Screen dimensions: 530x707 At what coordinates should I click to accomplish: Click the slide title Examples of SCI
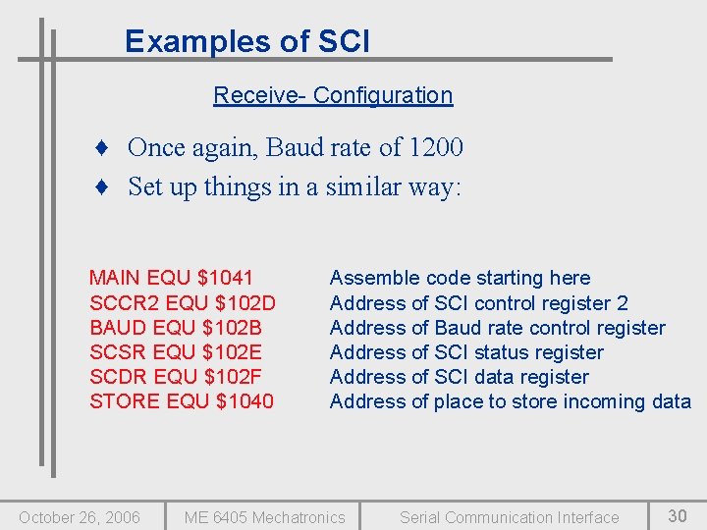(247, 41)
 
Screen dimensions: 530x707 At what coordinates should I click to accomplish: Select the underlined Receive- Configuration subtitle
(333, 95)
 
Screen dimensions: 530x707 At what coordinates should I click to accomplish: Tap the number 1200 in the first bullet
(436, 147)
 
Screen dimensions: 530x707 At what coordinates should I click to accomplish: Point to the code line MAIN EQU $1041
(171, 279)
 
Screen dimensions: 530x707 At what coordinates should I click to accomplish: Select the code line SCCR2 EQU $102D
(183, 303)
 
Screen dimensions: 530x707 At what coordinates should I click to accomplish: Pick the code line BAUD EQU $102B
(176, 328)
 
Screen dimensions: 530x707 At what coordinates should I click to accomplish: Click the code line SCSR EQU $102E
(176, 352)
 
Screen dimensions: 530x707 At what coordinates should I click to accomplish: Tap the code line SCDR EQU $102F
(175, 377)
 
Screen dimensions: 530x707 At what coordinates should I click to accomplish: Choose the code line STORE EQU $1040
(182, 401)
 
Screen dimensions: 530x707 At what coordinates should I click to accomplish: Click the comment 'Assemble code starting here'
(460, 279)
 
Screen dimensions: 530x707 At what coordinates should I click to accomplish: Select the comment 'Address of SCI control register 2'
(478, 303)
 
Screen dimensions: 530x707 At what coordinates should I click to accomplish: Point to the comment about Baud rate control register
(497, 328)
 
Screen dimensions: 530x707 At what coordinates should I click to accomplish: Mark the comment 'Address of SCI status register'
(466, 352)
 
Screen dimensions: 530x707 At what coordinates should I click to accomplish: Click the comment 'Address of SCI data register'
(459, 377)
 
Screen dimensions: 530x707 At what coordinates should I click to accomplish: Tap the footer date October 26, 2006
(80, 517)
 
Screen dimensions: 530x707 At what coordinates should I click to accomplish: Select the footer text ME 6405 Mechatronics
(265, 517)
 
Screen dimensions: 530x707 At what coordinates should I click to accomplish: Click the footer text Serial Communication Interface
(509, 517)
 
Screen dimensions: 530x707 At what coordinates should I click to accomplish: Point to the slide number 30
(678, 515)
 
